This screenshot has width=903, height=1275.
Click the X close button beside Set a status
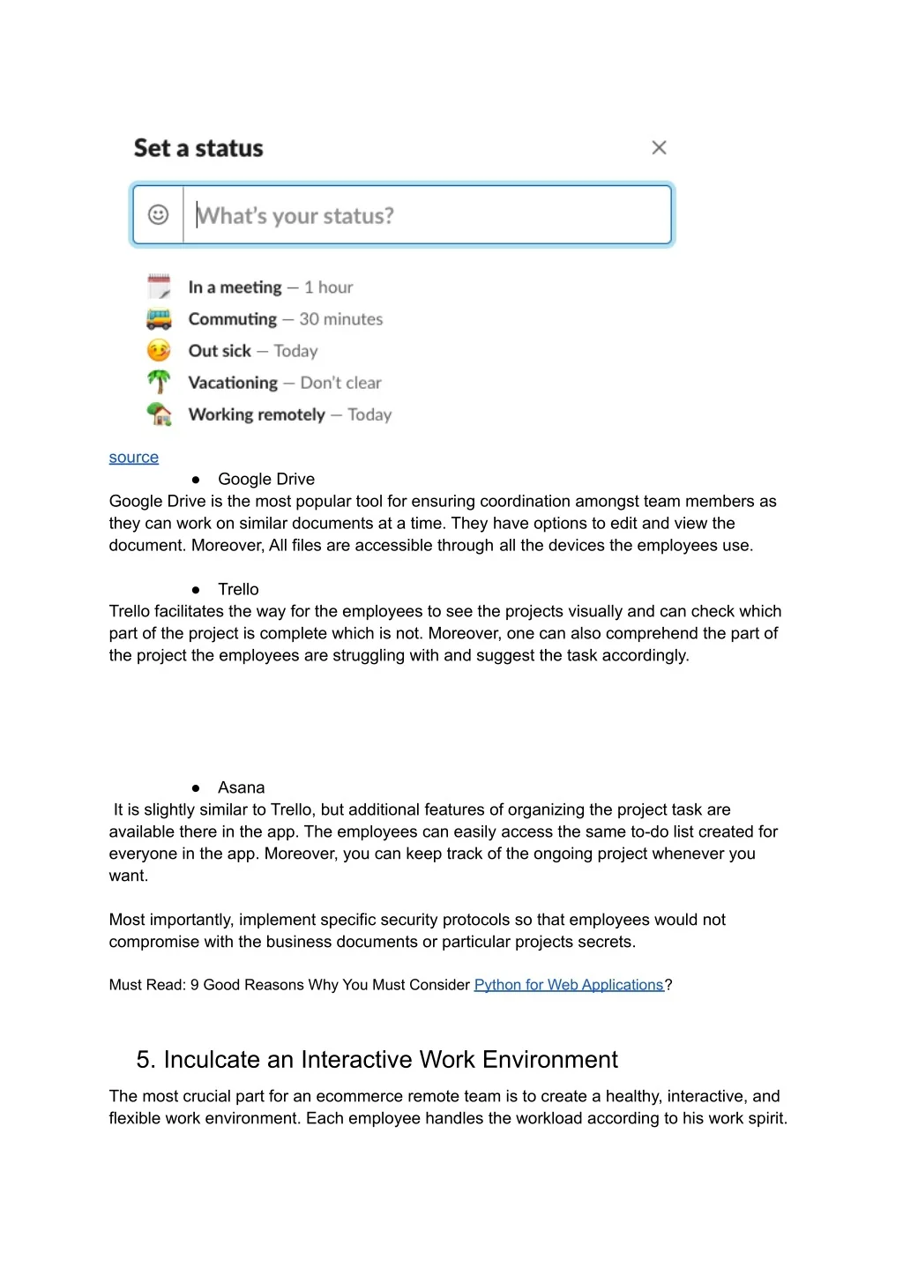coord(659,148)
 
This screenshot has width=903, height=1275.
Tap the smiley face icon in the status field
coord(158,214)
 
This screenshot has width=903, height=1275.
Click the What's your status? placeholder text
coord(295,216)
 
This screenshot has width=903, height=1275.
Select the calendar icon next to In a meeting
coord(159,287)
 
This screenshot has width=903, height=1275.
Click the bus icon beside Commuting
coord(159,318)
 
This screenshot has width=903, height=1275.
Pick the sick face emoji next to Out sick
coord(159,350)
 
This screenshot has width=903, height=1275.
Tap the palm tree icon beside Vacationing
coord(159,382)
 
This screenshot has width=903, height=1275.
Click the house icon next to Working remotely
coord(159,414)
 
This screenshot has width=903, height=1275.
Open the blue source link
coord(134,458)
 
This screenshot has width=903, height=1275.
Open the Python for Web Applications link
coord(569,985)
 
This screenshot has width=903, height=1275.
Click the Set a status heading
coord(198,148)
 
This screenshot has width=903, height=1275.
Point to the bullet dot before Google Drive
coord(196,480)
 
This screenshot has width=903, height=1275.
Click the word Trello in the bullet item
coord(238,589)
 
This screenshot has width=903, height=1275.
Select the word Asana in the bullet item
coord(241,787)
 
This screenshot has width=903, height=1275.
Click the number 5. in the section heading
coord(146,1059)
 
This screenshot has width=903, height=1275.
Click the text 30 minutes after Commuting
coord(341,319)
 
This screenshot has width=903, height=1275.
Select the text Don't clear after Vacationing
coord(340,383)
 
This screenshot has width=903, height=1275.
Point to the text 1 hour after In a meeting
coord(328,287)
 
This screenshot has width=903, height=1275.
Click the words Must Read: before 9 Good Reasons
coord(147,985)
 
